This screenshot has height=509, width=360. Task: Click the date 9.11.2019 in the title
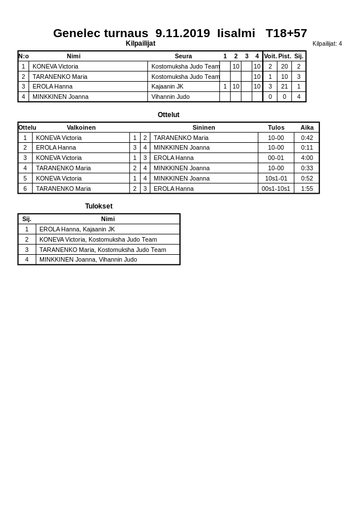pyautogui.click(x=182, y=33)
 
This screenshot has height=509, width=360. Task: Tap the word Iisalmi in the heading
pyautogui.click(x=236, y=33)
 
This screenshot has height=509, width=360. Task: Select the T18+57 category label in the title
pyautogui.click(x=286, y=33)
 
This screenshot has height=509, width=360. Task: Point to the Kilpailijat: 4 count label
pyautogui.click(x=327, y=43)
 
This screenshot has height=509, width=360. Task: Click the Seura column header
pyautogui.click(x=183, y=56)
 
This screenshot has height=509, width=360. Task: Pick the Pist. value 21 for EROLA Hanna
pyautogui.click(x=284, y=87)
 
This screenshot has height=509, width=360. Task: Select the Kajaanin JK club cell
pyautogui.click(x=167, y=87)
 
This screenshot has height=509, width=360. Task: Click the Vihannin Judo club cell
pyautogui.click(x=170, y=97)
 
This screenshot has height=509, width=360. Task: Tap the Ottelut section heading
pyautogui.click(x=169, y=115)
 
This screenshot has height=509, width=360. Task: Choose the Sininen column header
pyautogui.click(x=203, y=127)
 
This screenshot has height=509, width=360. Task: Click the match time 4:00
pyautogui.click(x=307, y=158)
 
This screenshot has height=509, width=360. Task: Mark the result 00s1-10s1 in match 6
pyautogui.click(x=275, y=189)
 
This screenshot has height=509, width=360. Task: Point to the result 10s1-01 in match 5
pyautogui.click(x=276, y=178)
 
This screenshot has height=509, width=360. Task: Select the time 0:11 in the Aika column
pyautogui.click(x=307, y=147)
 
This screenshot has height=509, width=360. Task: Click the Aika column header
pyautogui.click(x=307, y=127)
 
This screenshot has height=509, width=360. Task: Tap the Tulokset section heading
pyautogui.click(x=99, y=206)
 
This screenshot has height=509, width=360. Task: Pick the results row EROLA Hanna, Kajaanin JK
pyautogui.click(x=77, y=229)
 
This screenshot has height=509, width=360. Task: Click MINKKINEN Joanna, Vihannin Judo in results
pyautogui.click(x=88, y=259)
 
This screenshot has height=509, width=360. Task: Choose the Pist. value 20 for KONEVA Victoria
pyautogui.click(x=284, y=66)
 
